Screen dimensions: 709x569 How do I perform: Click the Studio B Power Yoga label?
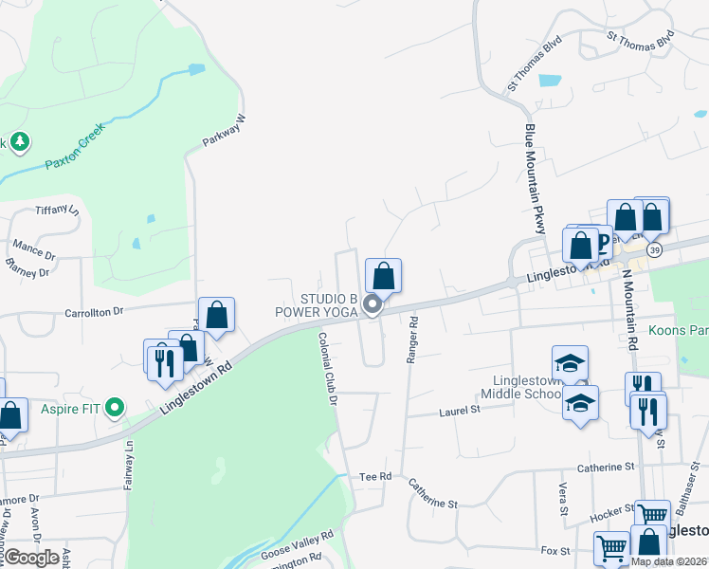pos(316,304)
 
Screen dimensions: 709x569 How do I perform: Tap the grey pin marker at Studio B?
pos(373,305)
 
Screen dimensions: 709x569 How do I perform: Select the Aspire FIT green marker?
pos(116,409)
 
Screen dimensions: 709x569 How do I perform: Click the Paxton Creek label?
pos(80,151)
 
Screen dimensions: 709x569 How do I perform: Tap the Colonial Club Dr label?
pos(328,369)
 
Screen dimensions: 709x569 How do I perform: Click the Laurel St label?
pos(461,411)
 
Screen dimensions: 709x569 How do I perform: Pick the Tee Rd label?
pos(375,476)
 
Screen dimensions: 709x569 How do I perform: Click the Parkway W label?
pos(224,132)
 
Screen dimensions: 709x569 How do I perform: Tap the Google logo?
pos(31,558)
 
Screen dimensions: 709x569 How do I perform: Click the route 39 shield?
pos(656,248)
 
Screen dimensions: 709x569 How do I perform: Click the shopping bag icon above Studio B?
pos(383,276)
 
